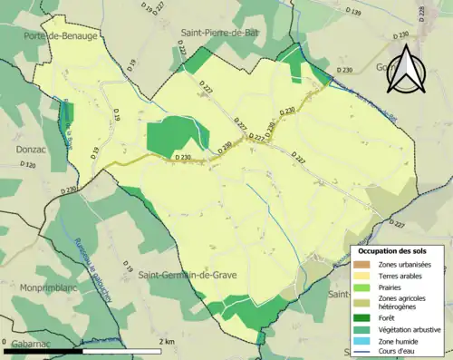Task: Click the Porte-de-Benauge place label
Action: pos(61,35)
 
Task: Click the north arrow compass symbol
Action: pos(404,68)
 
